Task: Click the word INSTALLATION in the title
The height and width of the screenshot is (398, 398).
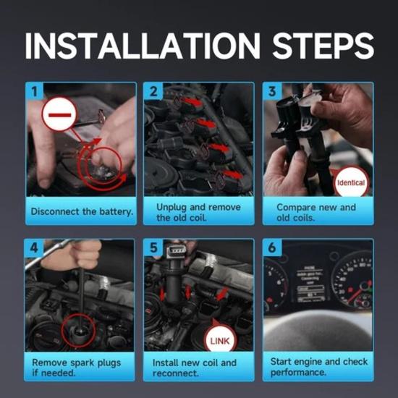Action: (x=142, y=46)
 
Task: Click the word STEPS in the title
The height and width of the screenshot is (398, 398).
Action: (x=323, y=46)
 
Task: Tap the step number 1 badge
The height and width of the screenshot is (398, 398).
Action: (x=35, y=91)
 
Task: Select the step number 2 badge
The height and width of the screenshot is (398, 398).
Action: (x=153, y=91)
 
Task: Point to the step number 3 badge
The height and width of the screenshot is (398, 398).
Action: (x=272, y=91)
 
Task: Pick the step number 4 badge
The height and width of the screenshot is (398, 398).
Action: (x=34, y=247)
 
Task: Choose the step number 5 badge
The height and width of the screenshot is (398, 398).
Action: (x=153, y=247)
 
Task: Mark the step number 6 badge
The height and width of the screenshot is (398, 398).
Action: (x=272, y=247)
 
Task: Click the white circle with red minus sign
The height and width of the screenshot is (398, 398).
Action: (x=59, y=114)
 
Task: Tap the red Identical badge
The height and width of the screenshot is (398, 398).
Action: (x=351, y=182)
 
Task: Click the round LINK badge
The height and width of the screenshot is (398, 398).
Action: (x=220, y=340)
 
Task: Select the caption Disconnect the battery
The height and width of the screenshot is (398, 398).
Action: (x=82, y=211)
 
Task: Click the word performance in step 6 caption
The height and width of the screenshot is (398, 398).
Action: (x=298, y=373)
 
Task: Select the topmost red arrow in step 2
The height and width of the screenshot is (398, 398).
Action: (x=192, y=102)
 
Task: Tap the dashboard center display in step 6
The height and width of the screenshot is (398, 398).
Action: (x=311, y=284)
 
